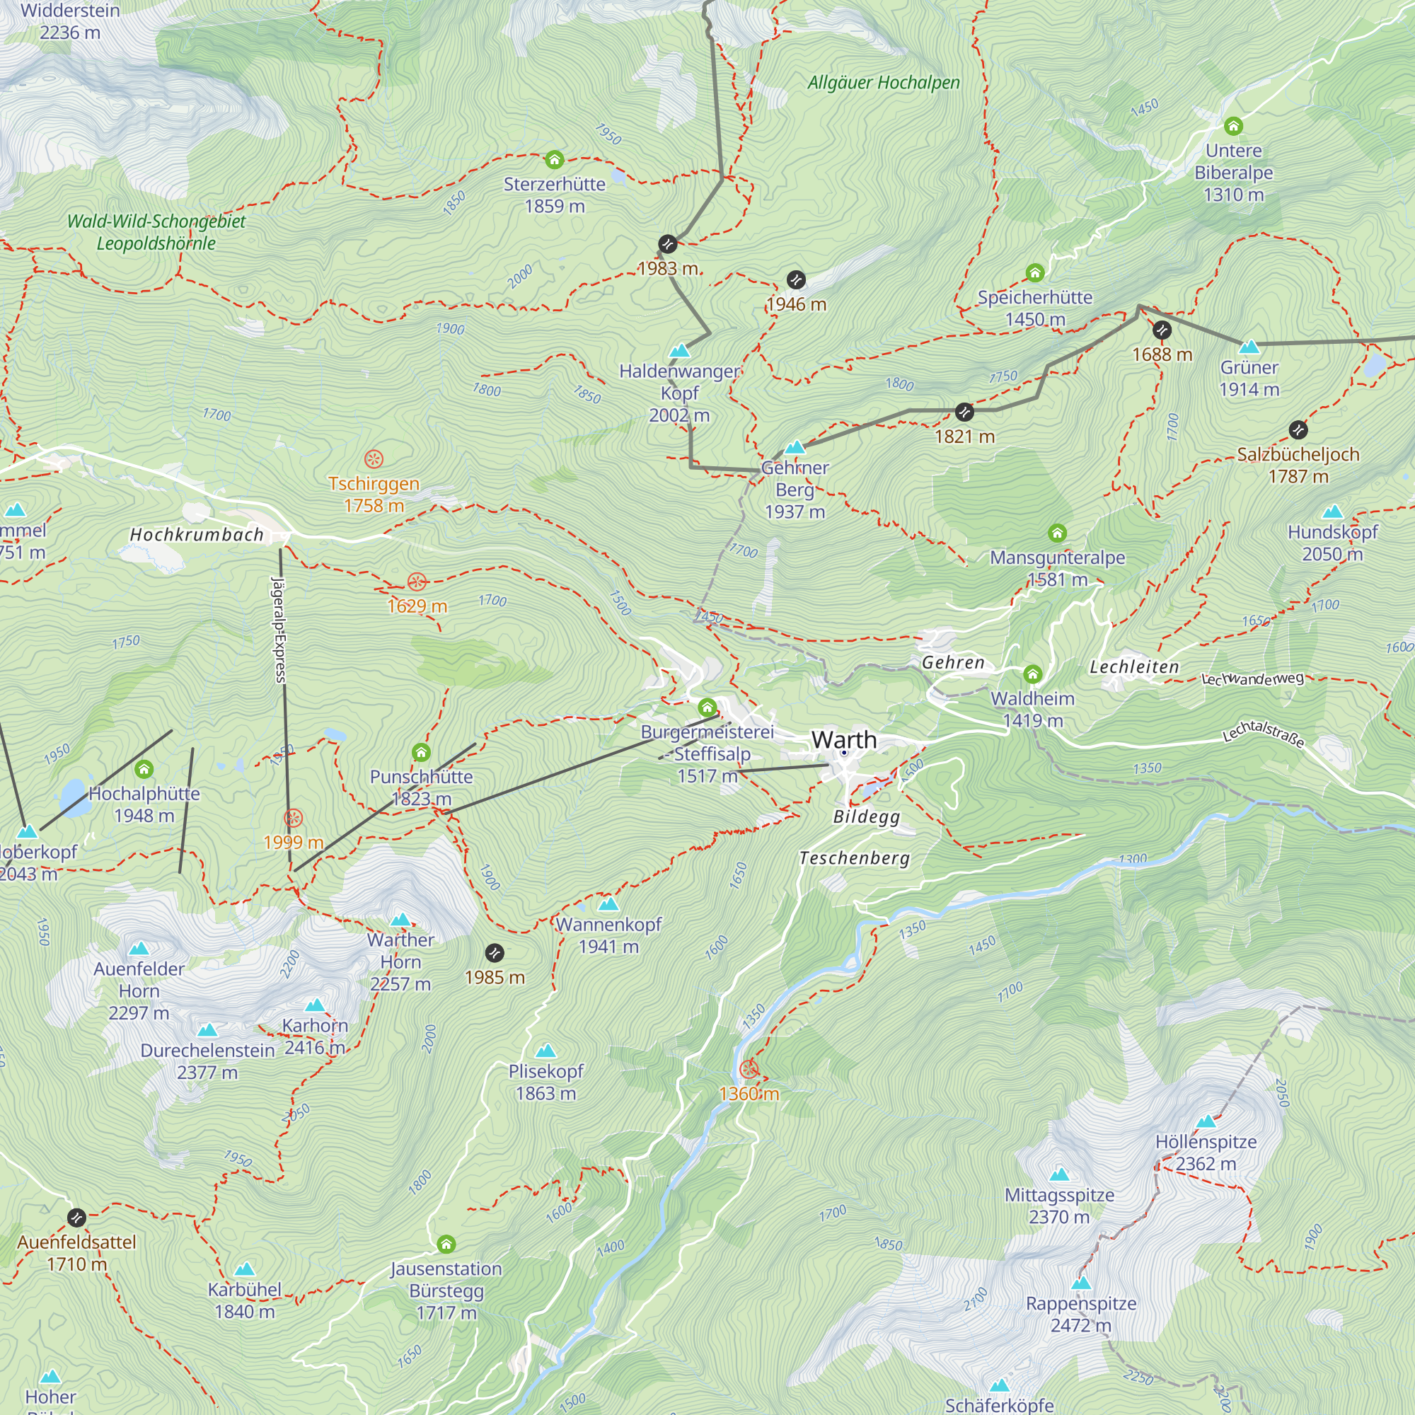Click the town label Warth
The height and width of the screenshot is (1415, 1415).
tap(844, 740)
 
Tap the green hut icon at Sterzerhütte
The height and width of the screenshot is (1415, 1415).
tap(555, 159)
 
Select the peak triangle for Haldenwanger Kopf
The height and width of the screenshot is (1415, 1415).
tap(680, 351)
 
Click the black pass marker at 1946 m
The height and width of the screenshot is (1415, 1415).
tap(796, 279)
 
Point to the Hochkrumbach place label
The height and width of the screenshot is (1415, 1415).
tap(196, 535)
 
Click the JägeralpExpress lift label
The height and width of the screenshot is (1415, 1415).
tap(279, 630)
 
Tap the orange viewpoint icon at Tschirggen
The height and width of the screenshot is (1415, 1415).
tap(374, 459)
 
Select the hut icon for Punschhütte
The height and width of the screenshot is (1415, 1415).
tap(421, 752)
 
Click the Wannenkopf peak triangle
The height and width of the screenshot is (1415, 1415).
tap(608, 903)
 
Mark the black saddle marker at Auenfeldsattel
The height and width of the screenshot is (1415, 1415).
tap(77, 1218)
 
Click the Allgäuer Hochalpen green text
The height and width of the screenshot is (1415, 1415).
tap(883, 83)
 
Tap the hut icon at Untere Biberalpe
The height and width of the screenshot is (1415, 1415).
tap(1233, 126)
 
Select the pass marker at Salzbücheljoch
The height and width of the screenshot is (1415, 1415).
tap(1298, 430)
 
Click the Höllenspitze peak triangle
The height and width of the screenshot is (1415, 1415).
tap(1206, 1121)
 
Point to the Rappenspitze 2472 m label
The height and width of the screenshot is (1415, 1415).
tap(1080, 1315)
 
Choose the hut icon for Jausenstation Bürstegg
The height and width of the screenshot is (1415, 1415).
tap(446, 1244)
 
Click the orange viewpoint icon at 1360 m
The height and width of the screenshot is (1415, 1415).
tap(749, 1069)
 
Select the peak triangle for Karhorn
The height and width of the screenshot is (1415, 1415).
tap(315, 1005)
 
